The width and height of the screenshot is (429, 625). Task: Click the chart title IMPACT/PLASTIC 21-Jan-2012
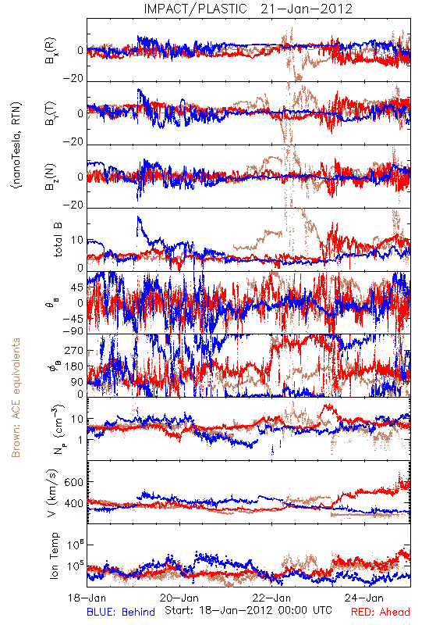(x=248, y=9)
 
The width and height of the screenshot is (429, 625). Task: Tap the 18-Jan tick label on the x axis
(x=87, y=598)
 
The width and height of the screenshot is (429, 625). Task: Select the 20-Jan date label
(x=179, y=598)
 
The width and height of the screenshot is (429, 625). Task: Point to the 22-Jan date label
(x=271, y=598)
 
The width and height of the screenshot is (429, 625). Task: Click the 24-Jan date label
(x=364, y=598)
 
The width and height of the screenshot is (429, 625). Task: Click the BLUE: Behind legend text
(x=121, y=612)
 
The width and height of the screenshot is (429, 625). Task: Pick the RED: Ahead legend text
(x=381, y=612)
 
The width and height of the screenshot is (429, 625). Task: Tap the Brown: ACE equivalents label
(x=16, y=398)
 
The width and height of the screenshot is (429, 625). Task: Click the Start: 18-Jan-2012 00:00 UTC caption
(x=248, y=610)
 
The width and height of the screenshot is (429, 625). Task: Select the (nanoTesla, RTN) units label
(x=16, y=145)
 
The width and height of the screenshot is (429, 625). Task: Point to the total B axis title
(x=58, y=240)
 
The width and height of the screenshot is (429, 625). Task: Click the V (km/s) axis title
(x=53, y=493)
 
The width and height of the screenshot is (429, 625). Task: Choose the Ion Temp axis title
(x=54, y=555)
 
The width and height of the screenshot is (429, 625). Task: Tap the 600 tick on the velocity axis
(x=74, y=482)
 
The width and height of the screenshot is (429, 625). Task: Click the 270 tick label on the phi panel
(x=74, y=350)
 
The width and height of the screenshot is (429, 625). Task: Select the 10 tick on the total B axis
(x=77, y=240)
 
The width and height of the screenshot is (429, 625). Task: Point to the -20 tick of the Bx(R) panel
(x=73, y=79)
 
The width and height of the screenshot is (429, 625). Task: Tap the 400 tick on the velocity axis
(x=74, y=503)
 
